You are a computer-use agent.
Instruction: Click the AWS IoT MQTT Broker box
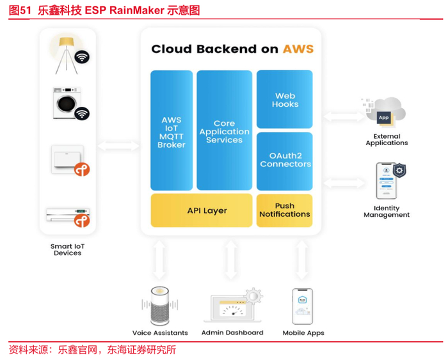pos(172,130)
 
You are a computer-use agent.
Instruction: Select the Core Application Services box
pos(224,130)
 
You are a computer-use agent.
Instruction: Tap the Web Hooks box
pos(284,99)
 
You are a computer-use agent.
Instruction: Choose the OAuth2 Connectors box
pos(284,160)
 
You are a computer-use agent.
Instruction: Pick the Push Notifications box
pos(284,210)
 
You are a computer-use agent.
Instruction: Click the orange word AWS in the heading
pos(298,49)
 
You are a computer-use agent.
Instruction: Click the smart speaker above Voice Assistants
pos(159,306)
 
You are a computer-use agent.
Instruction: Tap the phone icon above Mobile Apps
pos(303,306)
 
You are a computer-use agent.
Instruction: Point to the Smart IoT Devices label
pos(67,249)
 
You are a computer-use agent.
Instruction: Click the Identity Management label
pos(386,212)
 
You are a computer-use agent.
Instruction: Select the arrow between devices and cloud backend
pos(118,146)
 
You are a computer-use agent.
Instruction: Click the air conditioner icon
pos(66,214)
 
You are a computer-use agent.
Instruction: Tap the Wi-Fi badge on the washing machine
pos(81,114)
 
